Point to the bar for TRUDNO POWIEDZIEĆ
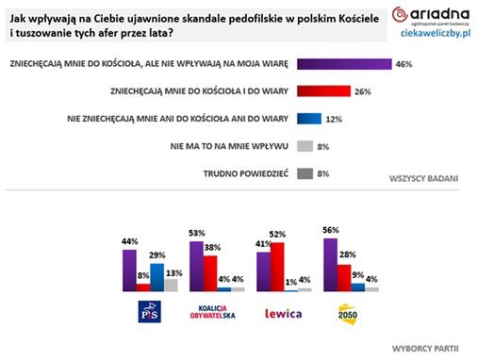click(305, 172)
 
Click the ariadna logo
click(433, 15)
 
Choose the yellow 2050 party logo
click(348, 312)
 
